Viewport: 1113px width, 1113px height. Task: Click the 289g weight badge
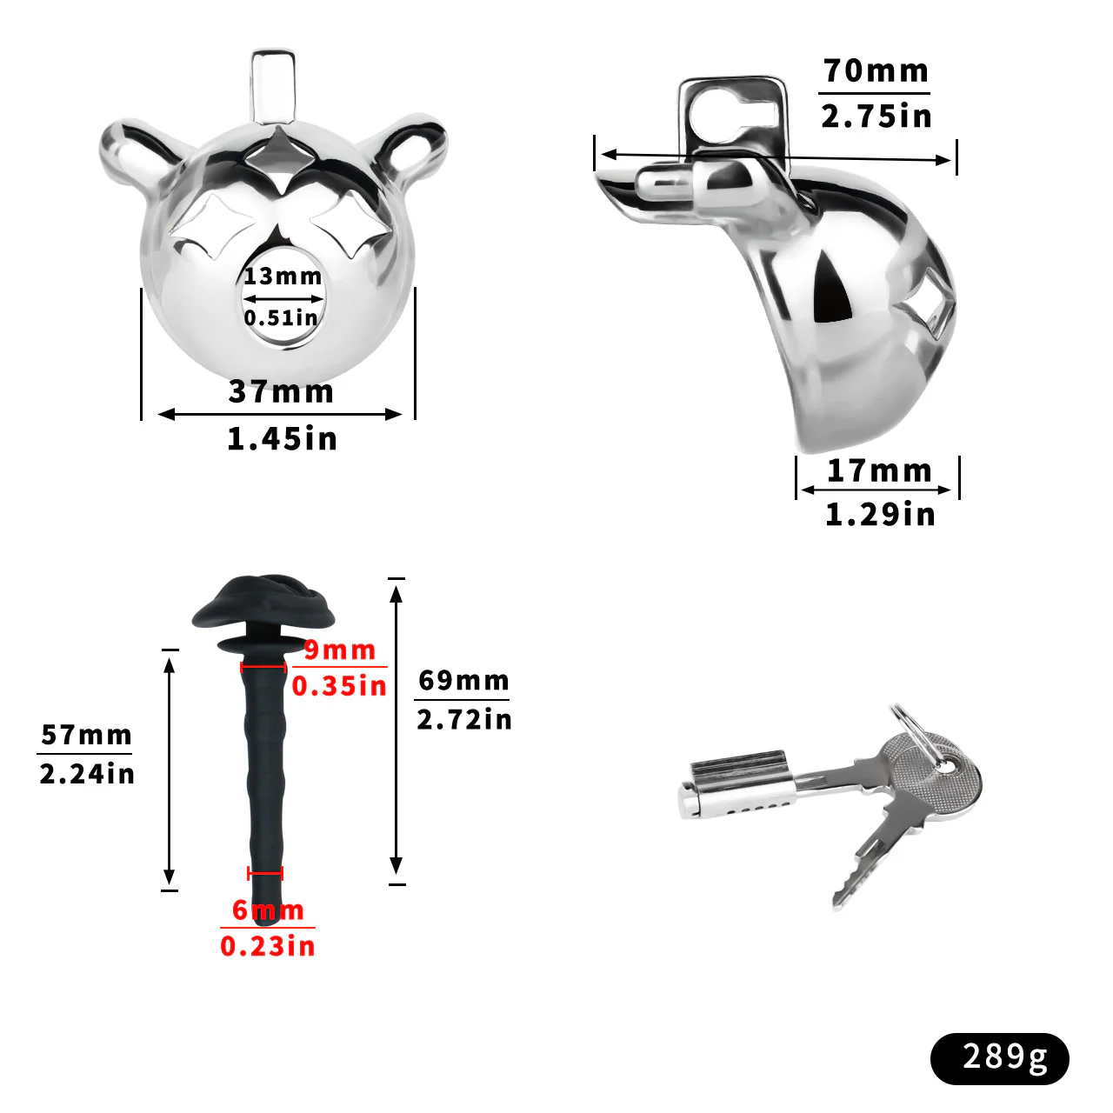pos(1000,1057)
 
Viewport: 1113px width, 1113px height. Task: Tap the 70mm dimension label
pos(876,71)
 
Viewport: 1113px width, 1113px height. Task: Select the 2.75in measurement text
pos(876,116)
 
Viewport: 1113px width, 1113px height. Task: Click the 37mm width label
pos(281,392)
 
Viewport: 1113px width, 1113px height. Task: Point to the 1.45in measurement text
pos(281,439)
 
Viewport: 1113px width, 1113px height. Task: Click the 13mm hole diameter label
pos(283,277)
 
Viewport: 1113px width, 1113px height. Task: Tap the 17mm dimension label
pos(879,470)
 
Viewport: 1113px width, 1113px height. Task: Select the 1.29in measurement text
pos(879,515)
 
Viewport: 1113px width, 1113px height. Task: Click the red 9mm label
pos(340,650)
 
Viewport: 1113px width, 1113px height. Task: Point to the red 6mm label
pos(268,910)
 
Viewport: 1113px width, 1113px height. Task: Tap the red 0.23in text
pos(268,946)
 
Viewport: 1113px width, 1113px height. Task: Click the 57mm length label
pos(86,736)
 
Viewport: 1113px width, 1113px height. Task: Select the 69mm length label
pos(463,680)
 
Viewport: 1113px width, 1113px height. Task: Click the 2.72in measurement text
pos(463,720)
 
